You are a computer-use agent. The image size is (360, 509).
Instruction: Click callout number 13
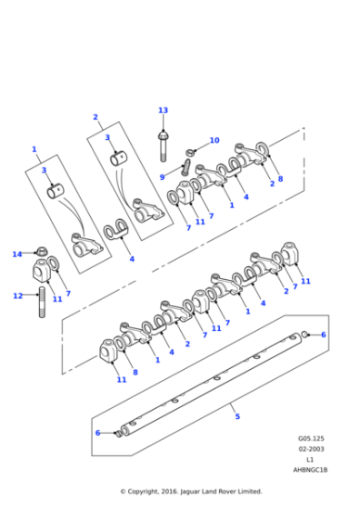pos(163,110)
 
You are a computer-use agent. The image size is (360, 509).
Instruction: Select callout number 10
pos(215,140)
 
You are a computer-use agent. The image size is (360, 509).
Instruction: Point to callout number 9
pos(163,176)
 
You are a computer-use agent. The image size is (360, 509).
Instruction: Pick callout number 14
pos(16,254)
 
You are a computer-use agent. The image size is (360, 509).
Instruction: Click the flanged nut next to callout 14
pos(42,252)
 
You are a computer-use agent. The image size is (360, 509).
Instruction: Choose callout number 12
pos(16,295)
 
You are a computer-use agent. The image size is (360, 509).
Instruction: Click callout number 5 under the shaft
pos(237,416)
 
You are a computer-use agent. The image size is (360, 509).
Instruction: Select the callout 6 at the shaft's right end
pos(323,334)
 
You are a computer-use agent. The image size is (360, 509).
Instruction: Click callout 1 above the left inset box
pos(35,148)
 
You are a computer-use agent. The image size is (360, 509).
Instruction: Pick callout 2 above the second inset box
pos(95,117)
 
